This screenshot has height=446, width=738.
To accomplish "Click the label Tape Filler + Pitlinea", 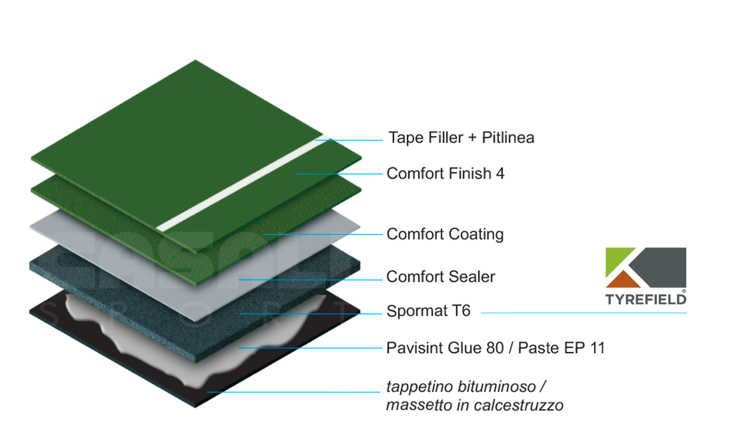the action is (x=461, y=138).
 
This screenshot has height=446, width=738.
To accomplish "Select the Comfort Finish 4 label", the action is (x=445, y=174).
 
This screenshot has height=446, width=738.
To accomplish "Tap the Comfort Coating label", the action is (x=445, y=234).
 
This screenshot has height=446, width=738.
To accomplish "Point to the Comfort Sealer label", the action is (x=441, y=277).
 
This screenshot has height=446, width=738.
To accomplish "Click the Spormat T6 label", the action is (x=428, y=311).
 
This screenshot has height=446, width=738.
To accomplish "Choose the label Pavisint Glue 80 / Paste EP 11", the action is (x=495, y=348).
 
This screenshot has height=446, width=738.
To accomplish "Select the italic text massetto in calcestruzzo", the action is (x=475, y=405).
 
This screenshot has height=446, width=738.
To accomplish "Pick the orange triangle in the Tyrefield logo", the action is (x=623, y=280).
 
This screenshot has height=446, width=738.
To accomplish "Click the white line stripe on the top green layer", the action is (x=243, y=183).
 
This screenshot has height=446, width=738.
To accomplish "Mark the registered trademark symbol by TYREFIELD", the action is (x=684, y=291).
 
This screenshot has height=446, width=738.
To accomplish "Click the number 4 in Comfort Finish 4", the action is (x=500, y=174).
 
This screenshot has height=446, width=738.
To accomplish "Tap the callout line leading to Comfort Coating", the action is (x=322, y=234).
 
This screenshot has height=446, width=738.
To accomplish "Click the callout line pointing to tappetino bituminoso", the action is (x=294, y=392).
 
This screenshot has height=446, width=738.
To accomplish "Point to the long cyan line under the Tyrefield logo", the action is (x=584, y=313).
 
